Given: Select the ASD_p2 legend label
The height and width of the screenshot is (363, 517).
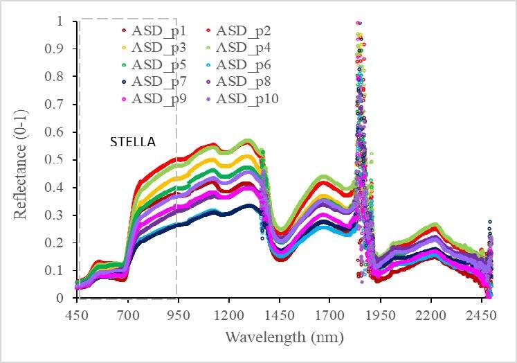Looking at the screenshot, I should (x=243, y=30).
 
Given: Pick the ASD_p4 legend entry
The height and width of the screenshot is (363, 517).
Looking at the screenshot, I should (x=243, y=48).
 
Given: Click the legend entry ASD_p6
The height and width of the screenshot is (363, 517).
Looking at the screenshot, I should (x=243, y=65).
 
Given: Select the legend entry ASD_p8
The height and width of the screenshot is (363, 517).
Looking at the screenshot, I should (x=243, y=82).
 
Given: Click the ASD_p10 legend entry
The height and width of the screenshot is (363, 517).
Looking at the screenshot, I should (x=246, y=100).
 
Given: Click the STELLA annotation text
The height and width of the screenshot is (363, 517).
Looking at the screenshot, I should (x=134, y=143).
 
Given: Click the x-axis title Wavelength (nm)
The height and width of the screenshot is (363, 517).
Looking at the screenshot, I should (x=284, y=337).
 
